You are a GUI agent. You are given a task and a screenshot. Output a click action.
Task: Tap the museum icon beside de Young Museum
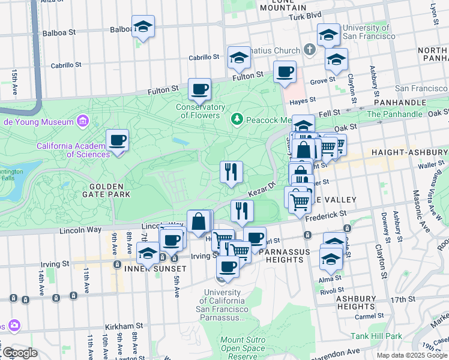(x=83, y=122)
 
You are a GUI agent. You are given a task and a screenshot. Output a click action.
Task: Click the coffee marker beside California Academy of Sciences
(x=117, y=141)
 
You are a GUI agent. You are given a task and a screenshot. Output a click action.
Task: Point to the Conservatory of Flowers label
(x=200, y=111)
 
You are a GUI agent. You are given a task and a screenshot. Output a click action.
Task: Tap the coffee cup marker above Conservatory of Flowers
(x=199, y=89)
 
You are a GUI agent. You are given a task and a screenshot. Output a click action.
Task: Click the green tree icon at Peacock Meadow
(x=238, y=119)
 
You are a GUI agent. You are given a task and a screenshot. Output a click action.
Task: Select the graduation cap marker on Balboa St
(x=143, y=26)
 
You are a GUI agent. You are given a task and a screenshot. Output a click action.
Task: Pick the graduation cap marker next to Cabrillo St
(x=239, y=58)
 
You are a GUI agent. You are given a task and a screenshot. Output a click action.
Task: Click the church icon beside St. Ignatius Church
(x=309, y=49)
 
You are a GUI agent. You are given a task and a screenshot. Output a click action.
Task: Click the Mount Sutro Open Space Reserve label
(x=243, y=348)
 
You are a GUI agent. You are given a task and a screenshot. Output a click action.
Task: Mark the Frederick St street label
(x=325, y=214)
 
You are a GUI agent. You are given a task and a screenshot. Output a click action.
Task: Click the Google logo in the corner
(x=19, y=353)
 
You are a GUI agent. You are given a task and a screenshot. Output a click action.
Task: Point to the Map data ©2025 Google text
(x=411, y=355)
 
